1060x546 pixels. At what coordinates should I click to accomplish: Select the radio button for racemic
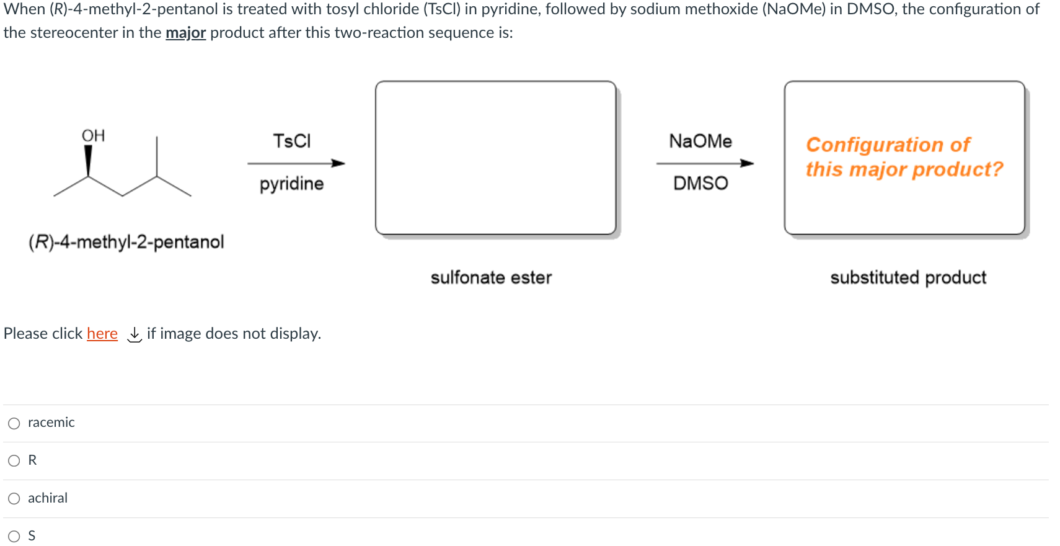[14, 423]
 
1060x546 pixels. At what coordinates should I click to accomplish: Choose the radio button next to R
[14, 460]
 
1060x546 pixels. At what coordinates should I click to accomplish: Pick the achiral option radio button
[14, 498]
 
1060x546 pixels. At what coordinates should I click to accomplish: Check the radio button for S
[14, 536]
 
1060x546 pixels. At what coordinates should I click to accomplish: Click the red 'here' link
[102, 334]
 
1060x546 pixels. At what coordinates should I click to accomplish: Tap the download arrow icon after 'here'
[134, 334]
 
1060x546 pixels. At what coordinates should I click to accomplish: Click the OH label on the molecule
[94, 135]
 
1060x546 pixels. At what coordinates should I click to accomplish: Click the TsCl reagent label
[292, 141]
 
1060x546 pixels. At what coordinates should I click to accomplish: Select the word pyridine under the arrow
[291, 184]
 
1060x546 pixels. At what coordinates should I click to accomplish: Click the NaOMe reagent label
[700, 141]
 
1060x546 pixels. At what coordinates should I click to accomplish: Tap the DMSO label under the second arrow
[700, 183]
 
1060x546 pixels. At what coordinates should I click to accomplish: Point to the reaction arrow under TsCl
[296, 163]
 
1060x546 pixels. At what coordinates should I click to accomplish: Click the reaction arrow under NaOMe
[705, 163]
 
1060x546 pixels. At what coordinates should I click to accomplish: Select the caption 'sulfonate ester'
[491, 277]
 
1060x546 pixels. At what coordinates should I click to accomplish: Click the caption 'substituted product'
[908, 277]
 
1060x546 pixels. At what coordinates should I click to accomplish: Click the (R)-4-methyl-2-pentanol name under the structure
[126, 241]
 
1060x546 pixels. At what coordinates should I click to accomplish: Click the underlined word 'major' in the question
[185, 33]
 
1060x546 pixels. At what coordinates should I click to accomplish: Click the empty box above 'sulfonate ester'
[495, 158]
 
